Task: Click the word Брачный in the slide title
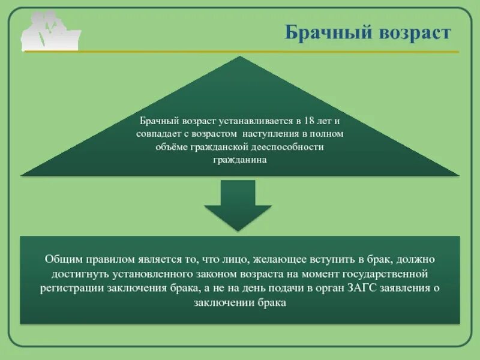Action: [x=320, y=32]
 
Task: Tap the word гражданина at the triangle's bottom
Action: [x=239, y=160]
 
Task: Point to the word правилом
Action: [x=115, y=260]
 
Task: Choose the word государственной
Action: [x=385, y=274]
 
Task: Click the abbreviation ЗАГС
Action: [x=359, y=289]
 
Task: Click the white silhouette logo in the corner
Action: [x=50, y=31]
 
